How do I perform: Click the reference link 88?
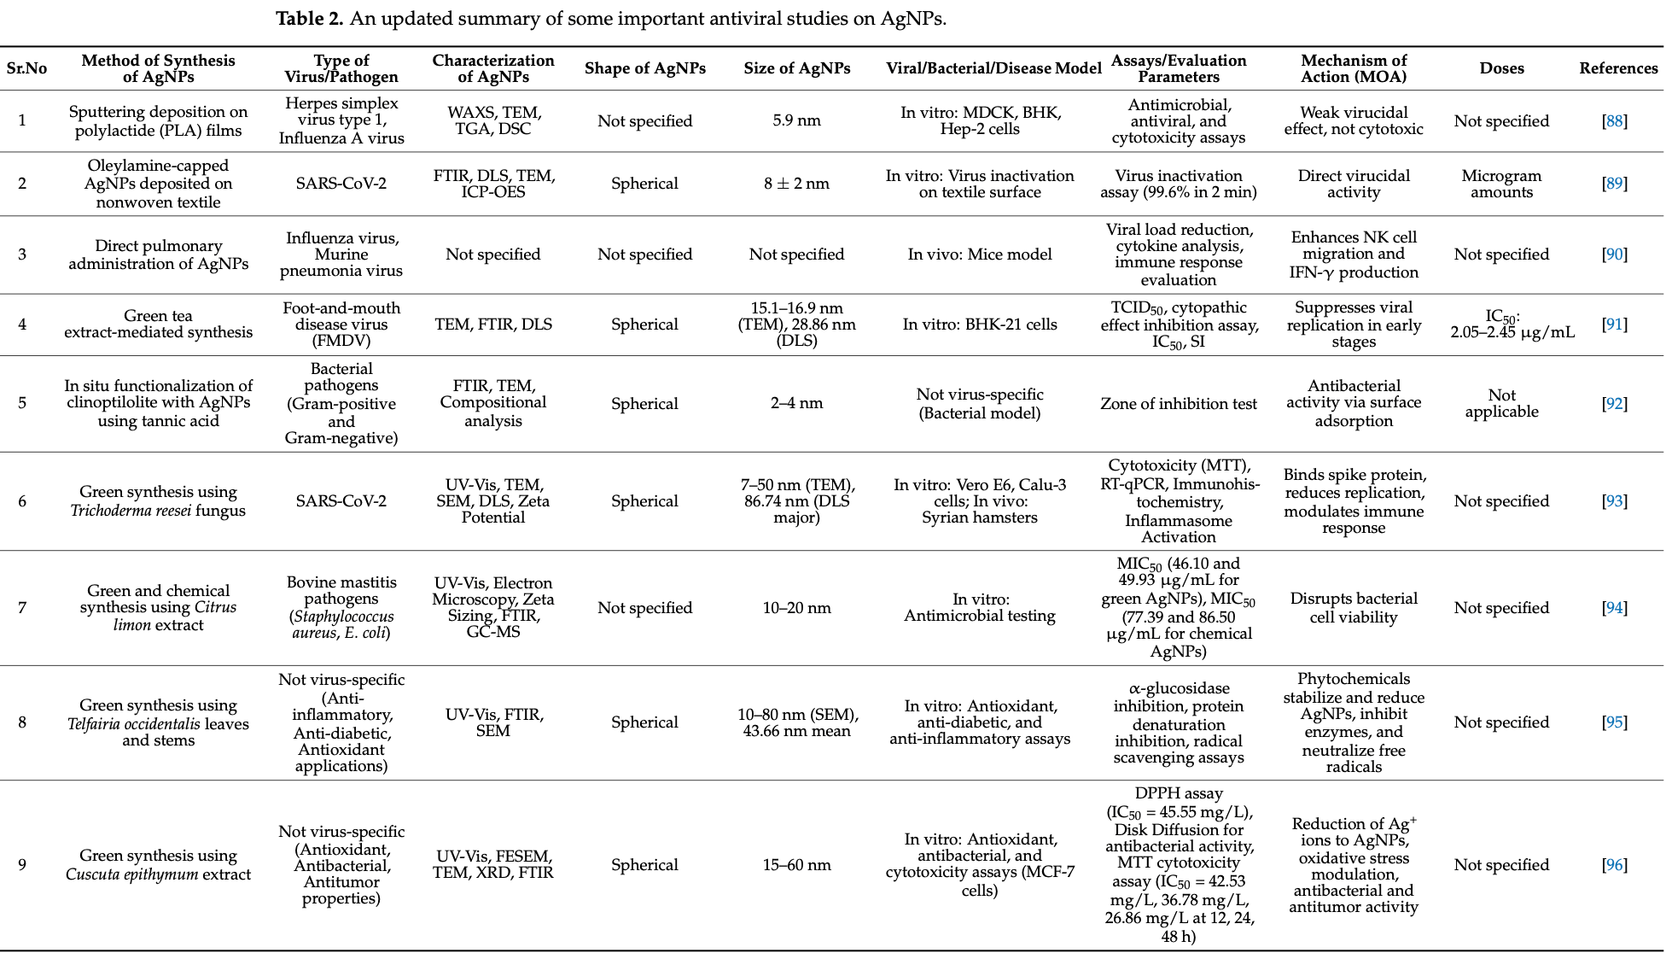[1614, 121]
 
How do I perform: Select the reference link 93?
[1614, 501]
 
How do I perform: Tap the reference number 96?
[1614, 865]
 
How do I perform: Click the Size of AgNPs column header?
[797, 68]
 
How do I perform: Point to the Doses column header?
[1501, 68]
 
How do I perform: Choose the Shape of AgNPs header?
[645, 68]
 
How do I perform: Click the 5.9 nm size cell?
[797, 121]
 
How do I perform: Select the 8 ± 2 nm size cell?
[797, 184]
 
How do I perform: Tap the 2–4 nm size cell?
[797, 403]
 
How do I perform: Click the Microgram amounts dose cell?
[1501, 184]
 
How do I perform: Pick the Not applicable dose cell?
[1501, 403]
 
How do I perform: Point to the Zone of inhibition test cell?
[1179, 404]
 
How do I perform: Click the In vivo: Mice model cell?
[980, 254]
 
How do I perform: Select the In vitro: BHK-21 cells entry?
[980, 324]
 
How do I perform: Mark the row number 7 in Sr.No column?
[22, 608]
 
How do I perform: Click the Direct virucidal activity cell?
[1354, 184]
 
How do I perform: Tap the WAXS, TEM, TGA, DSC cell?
[493, 121]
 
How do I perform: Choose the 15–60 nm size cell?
[797, 865]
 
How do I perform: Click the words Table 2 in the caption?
[310, 19]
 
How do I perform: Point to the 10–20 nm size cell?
[797, 608]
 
